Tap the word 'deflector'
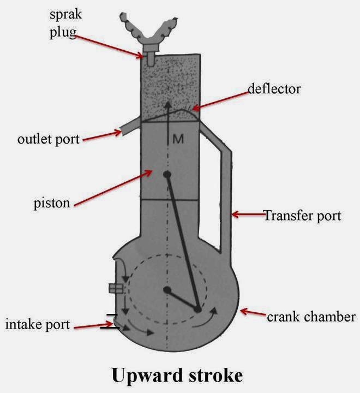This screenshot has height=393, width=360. tap(274, 88)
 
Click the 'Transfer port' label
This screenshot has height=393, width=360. tap(302, 216)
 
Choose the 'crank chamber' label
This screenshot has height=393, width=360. tap(311, 317)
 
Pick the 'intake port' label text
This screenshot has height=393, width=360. tap(38, 325)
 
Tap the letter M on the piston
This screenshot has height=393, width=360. tap(178, 139)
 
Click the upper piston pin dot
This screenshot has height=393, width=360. tap(167, 175)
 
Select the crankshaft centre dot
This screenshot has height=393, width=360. tap(167, 289)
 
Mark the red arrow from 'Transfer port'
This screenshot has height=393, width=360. tap(248, 215)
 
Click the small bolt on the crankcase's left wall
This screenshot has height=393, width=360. tap(115, 288)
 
